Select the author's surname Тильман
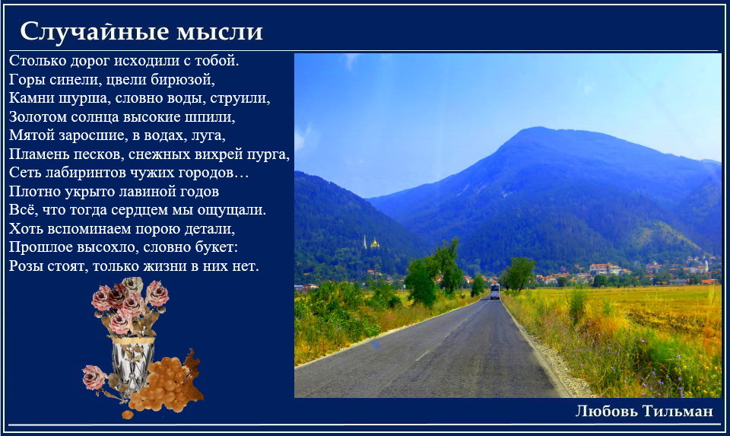pyautogui.click(x=678, y=411)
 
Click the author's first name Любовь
pyautogui.click(x=607, y=411)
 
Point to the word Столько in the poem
pyautogui.click(x=37, y=61)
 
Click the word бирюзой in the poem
pyautogui.click(x=182, y=80)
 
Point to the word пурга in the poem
pyautogui.click(x=270, y=154)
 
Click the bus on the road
pyautogui.click(x=494, y=291)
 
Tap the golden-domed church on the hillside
pyautogui.click(x=374, y=243)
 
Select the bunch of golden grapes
pyautogui.click(x=161, y=384)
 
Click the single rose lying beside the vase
pyautogui.click(x=95, y=377)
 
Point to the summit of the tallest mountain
pyautogui.click(x=540, y=128)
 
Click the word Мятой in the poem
pyautogui.click(x=32, y=135)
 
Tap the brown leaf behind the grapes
pyautogui.click(x=192, y=375)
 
